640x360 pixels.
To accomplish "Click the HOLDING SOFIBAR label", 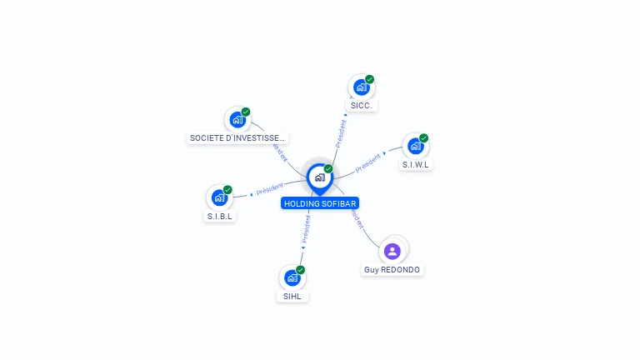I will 321,203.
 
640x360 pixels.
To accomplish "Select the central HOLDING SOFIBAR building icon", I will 319,177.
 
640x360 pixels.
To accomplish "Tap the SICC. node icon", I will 361,87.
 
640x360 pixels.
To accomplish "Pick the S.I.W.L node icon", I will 415,146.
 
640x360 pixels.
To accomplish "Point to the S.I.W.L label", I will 416,164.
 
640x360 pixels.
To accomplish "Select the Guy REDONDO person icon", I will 392,250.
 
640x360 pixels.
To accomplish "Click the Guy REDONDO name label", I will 392,270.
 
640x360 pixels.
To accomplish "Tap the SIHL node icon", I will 292,277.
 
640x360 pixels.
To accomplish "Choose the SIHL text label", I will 292,296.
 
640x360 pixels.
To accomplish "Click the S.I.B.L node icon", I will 219,197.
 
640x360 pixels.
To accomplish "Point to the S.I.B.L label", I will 221,217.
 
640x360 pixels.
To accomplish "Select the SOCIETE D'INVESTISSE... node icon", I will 237,119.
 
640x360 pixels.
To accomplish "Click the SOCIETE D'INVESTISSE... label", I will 238,137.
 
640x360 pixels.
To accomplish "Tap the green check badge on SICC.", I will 369,80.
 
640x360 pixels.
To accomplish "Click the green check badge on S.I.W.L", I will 423,138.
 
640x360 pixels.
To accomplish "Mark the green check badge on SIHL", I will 300,270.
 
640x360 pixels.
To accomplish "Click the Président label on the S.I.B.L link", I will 270,189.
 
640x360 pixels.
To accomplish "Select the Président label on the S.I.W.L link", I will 368,162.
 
